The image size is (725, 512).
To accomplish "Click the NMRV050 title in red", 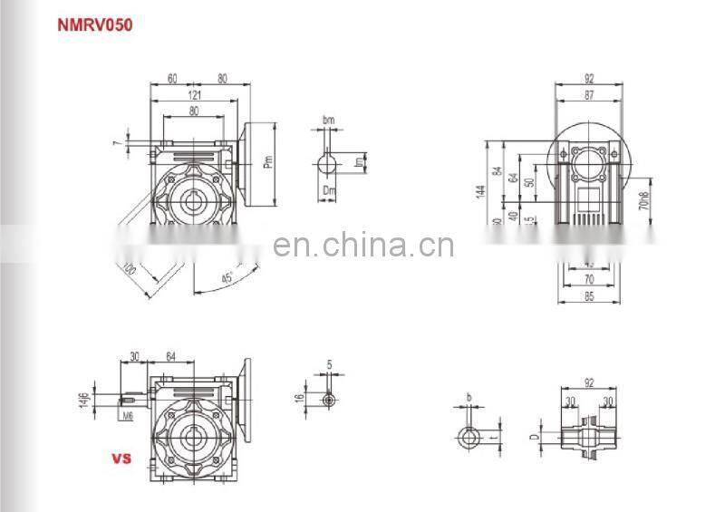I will (96, 24).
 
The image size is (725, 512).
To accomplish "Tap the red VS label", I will (121, 459).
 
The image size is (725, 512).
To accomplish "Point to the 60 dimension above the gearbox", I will (171, 79).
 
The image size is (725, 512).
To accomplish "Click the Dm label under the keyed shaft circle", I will (328, 189).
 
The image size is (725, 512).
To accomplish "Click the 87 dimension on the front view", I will (590, 94).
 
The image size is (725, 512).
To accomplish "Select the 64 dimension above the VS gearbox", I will (169, 355).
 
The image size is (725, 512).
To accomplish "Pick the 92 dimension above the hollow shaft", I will (589, 382).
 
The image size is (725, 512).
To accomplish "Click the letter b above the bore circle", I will (469, 398).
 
